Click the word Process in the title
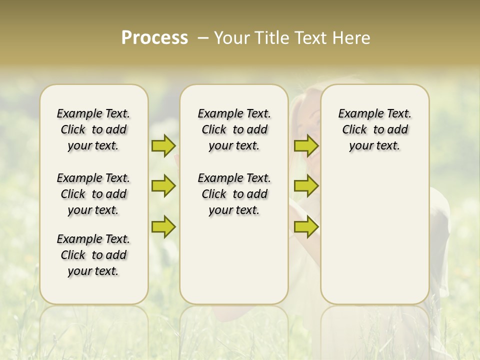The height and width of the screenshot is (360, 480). coord(154,38)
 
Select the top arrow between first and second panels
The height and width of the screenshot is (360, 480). coord(163,145)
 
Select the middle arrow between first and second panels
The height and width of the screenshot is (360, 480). coord(163,186)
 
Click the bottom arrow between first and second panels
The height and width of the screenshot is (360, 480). coord(163,226)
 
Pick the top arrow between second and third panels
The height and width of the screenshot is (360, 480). coord(306,145)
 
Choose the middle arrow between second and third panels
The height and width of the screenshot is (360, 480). coord(306,186)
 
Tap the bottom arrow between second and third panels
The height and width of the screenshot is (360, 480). coord(306,226)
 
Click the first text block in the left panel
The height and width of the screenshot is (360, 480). coord(93,129)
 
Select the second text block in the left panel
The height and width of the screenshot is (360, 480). coord(93,194)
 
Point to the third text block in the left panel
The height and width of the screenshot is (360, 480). coord(93,255)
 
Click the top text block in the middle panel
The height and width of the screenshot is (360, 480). coord(234,129)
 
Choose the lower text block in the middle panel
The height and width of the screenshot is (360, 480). coord(234,194)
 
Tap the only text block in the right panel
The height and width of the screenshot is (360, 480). coord(374,129)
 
